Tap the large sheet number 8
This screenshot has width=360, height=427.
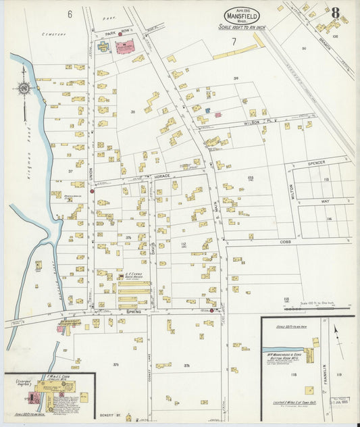(335, 12)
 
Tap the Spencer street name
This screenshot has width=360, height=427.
(316, 163)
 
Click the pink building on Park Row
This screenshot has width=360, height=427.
(124, 47)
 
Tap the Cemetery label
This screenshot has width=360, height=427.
(52, 32)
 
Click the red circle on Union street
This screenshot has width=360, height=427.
(93, 191)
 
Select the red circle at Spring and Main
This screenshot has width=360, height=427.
(212, 311)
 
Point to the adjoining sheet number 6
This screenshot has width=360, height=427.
(69, 14)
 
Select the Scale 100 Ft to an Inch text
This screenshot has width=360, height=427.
(241, 27)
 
